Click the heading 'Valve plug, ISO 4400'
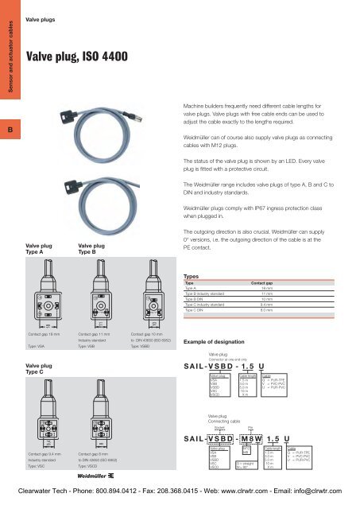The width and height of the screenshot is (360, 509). [x=73, y=56]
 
